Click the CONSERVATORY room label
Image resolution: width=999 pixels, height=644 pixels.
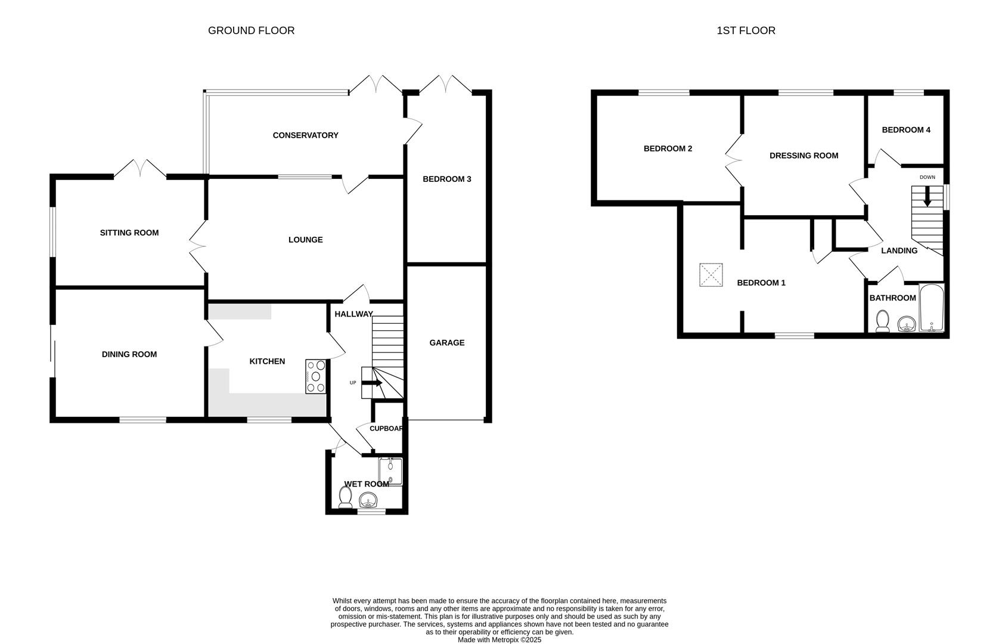click(305, 135)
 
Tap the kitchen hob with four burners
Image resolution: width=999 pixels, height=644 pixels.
click(316, 376)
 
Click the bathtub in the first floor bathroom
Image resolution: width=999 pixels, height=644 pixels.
click(932, 308)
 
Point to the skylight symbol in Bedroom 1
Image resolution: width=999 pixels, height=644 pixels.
click(711, 275)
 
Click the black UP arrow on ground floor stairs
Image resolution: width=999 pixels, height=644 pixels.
click(372, 383)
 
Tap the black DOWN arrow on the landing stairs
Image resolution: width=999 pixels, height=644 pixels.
click(927, 197)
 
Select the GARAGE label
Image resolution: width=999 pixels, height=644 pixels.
click(446, 343)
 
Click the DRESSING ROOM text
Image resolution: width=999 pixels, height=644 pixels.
click(803, 156)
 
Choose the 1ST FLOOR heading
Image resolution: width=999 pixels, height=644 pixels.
click(746, 30)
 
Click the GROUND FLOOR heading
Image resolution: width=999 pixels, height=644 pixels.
click(251, 30)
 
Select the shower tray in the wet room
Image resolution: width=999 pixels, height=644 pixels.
click(391, 471)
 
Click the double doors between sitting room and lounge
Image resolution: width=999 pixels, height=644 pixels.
click(197, 244)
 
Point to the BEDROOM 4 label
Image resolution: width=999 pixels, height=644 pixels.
click(905, 130)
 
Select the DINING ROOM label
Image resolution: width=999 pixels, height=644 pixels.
click(129, 354)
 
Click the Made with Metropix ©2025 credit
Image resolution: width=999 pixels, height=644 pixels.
click(499, 640)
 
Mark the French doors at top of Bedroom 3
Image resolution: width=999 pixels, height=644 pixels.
click(446, 85)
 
